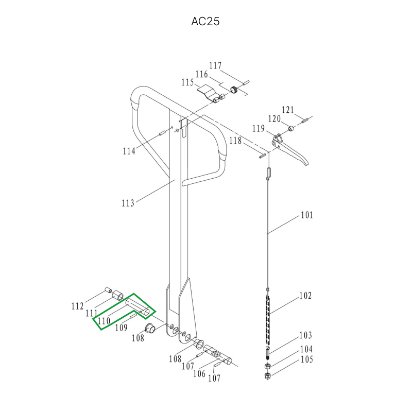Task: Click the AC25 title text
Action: pos(205,22)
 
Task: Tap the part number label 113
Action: pos(128,203)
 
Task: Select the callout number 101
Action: pos(307,215)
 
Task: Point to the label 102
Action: pos(305,296)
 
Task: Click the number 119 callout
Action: pos(259,128)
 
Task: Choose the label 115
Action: pos(187,82)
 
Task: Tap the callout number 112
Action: pos(78,306)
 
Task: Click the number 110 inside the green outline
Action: pos(104,321)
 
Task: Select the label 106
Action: pos(199,373)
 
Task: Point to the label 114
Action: pos(129,151)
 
